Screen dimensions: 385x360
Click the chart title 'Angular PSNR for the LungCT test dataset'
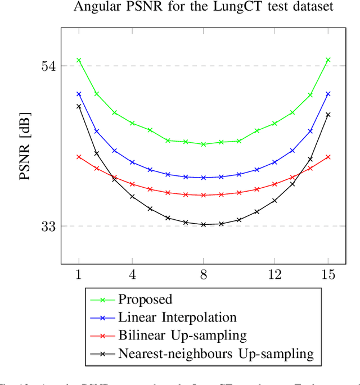(x=203, y=7)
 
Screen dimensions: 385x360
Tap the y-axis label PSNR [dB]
(x=25, y=146)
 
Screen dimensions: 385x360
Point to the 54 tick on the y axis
(x=48, y=66)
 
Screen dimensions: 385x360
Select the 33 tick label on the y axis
(x=48, y=226)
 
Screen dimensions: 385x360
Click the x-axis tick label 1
(x=79, y=274)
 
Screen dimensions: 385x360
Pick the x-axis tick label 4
(x=132, y=274)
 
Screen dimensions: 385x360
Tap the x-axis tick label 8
(x=204, y=274)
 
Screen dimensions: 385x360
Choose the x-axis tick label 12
(x=274, y=274)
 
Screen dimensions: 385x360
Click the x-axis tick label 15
(x=328, y=274)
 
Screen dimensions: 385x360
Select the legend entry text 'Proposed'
(x=145, y=300)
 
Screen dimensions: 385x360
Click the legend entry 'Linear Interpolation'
(x=177, y=318)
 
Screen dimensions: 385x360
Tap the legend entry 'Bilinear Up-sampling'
(x=182, y=336)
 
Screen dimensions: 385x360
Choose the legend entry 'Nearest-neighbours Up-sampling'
(x=215, y=354)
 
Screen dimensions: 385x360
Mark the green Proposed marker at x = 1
(x=79, y=60)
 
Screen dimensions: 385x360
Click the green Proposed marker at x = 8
(x=204, y=144)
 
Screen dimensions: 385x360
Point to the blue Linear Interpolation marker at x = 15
(x=328, y=94)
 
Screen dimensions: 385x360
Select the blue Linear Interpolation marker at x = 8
(x=204, y=178)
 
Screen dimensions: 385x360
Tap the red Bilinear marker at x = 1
(x=79, y=157)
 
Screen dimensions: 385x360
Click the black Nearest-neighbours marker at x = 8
(x=204, y=224)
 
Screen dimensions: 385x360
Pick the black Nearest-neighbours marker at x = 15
(x=328, y=115)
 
